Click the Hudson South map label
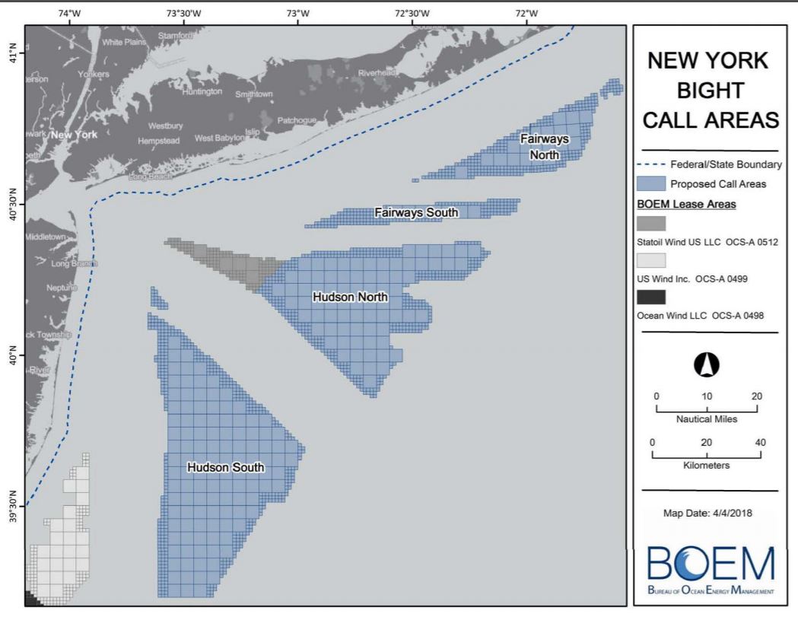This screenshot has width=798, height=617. click(x=226, y=468)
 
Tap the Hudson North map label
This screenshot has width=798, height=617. click(x=350, y=297)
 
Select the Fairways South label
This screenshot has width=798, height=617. click(x=416, y=213)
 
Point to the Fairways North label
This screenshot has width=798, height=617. click(x=545, y=147)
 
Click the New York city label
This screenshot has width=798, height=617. click(x=74, y=135)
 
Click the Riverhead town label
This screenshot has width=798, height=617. click(x=378, y=73)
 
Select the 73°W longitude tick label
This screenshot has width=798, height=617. click(x=297, y=13)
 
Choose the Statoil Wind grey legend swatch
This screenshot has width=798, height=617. click(x=650, y=224)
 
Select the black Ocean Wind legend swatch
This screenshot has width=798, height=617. click(x=650, y=297)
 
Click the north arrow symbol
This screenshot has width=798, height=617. click(x=707, y=365)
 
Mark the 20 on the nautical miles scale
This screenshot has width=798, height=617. click(x=757, y=396)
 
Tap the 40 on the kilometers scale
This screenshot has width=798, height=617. click(x=760, y=443)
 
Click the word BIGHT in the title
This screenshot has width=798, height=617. click(x=709, y=91)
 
